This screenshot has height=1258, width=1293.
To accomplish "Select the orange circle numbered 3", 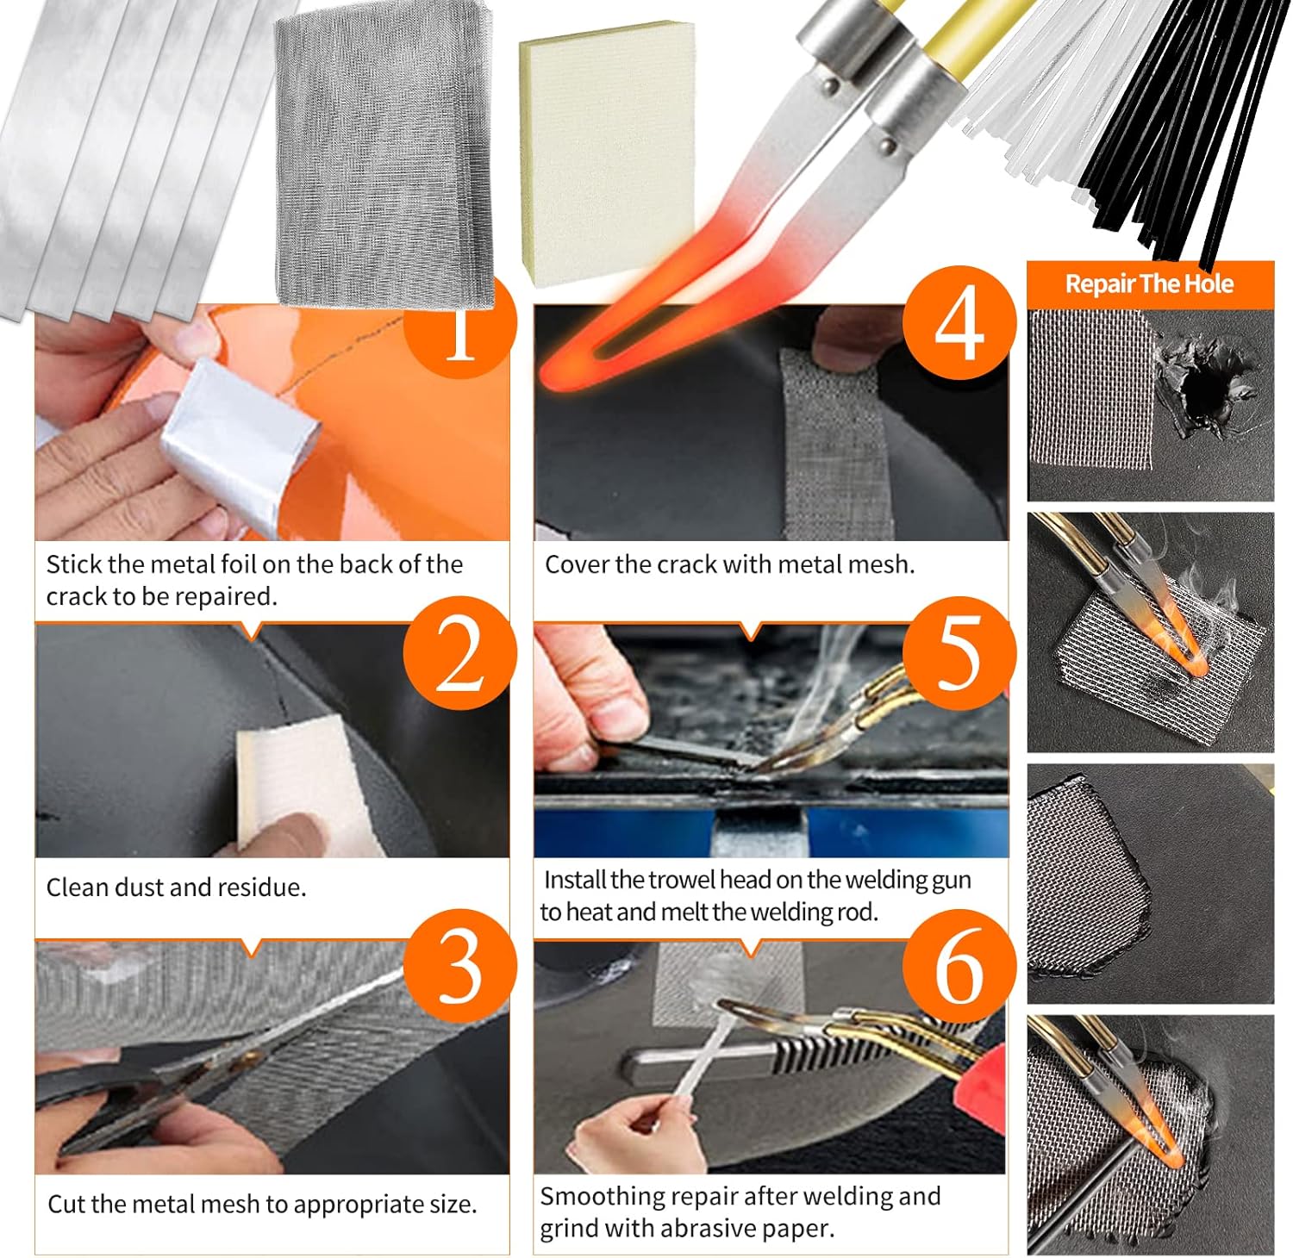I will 459,967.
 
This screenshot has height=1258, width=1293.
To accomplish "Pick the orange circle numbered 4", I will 959,323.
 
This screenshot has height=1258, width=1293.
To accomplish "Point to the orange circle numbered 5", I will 959,653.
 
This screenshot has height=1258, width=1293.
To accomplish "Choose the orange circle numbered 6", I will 959,967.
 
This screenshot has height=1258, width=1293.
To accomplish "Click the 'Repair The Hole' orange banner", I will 1149,284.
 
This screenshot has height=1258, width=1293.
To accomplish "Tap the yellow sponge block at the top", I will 607,151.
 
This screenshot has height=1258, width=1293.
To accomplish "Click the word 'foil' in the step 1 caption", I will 238,564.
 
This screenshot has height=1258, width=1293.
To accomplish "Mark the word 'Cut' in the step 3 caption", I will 66,1204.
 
